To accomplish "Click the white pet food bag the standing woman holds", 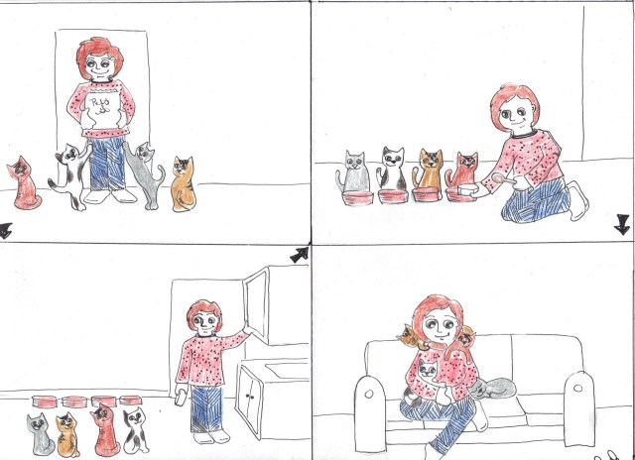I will coord(99,110).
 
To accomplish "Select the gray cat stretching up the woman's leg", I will coord(150,174).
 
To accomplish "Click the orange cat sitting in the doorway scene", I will coord(184,182).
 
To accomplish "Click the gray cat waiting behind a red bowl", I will coord(354,173).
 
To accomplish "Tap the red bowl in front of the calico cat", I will coord(430,192).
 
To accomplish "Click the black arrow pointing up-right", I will coord(299,256).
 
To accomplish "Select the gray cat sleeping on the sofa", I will coord(496,389).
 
